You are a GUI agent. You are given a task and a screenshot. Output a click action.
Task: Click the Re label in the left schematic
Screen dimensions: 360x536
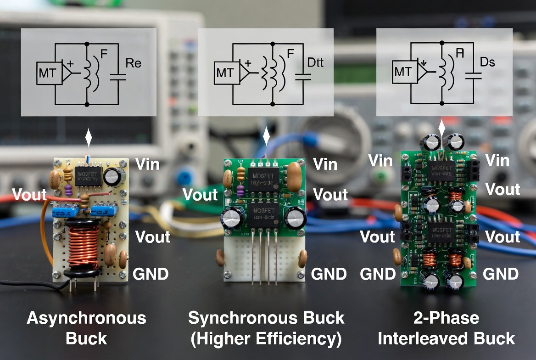point(133,63)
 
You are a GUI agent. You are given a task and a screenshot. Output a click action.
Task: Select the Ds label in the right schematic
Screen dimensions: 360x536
point(487,62)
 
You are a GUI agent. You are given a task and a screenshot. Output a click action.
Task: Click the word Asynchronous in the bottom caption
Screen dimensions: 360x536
point(86,318)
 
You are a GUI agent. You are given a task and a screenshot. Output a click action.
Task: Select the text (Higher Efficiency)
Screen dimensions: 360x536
point(266,339)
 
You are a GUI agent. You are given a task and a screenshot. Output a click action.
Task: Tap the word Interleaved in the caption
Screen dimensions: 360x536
point(421,339)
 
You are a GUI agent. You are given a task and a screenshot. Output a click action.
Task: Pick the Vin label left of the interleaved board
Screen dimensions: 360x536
point(381,161)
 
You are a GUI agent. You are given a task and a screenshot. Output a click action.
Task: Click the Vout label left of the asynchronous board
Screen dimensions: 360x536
point(29,194)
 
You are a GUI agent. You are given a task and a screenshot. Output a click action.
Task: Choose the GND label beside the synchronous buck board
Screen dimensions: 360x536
point(329,274)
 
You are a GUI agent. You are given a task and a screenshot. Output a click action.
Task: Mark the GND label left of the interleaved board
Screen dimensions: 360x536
point(378,274)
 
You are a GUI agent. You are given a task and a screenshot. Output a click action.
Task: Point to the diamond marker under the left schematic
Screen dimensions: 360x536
point(89,136)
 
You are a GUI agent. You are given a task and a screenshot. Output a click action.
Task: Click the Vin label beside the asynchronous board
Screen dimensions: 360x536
point(147,164)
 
